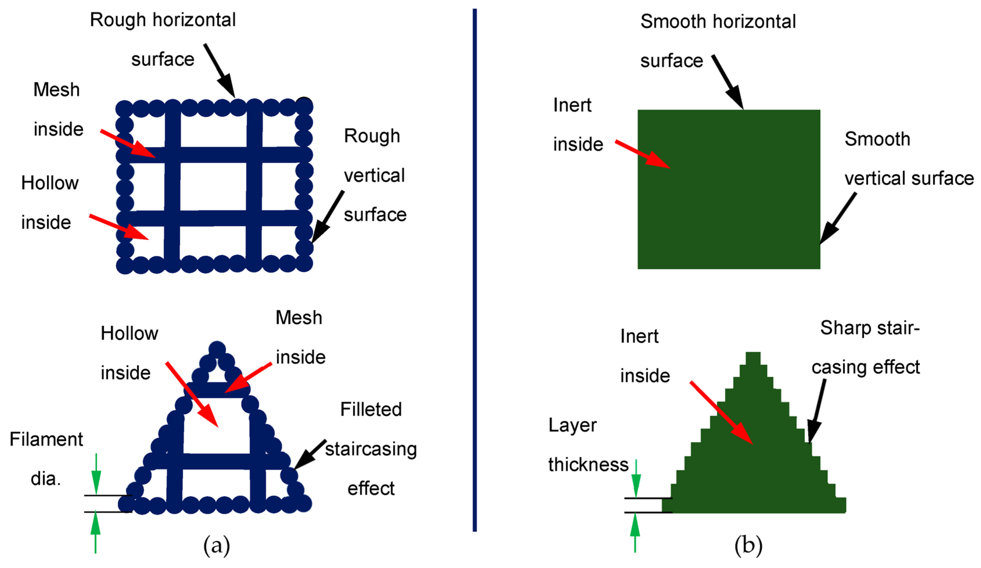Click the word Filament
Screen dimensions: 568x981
click(x=46, y=440)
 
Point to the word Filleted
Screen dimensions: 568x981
click(x=371, y=409)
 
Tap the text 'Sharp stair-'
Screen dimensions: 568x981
click(x=870, y=328)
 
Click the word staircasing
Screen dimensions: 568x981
click(x=371, y=449)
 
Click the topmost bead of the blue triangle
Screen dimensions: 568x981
click(x=217, y=349)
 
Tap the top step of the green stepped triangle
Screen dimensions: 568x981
click(x=753, y=358)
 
